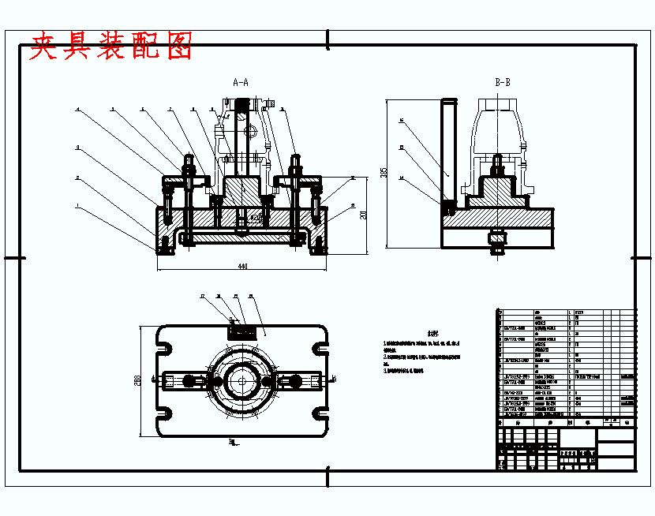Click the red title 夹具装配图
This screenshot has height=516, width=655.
pyautogui.click(x=110, y=47)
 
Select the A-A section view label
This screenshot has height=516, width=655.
pyautogui.click(x=241, y=82)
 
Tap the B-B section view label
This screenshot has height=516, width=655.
pyautogui.click(x=502, y=82)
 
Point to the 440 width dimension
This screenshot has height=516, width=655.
pyautogui.click(x=242, y=267)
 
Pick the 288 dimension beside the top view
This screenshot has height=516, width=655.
pyautogui.click(x=139, y=380)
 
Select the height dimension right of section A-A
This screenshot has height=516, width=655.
pyautogui.click(x=364, y=215)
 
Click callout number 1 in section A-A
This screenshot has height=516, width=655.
pyautogui.click(x=77, y=207)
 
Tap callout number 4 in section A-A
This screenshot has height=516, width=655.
pyautogui.click(x=77, y=110)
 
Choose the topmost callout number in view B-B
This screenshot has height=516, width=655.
pyautogui.click(x=401, y=122)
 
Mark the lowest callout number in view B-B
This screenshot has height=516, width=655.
pyautogui.click(x=401, y=178)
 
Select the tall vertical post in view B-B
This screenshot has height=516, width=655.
pyautogui.click(x=448, y=150)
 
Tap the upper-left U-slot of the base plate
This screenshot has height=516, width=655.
pyautogui.click(x=166, y=346)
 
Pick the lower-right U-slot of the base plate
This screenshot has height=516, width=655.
pyautogui.click(x=319, y=413)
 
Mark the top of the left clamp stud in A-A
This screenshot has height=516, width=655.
pyautogui.click(x=188, y=158)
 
